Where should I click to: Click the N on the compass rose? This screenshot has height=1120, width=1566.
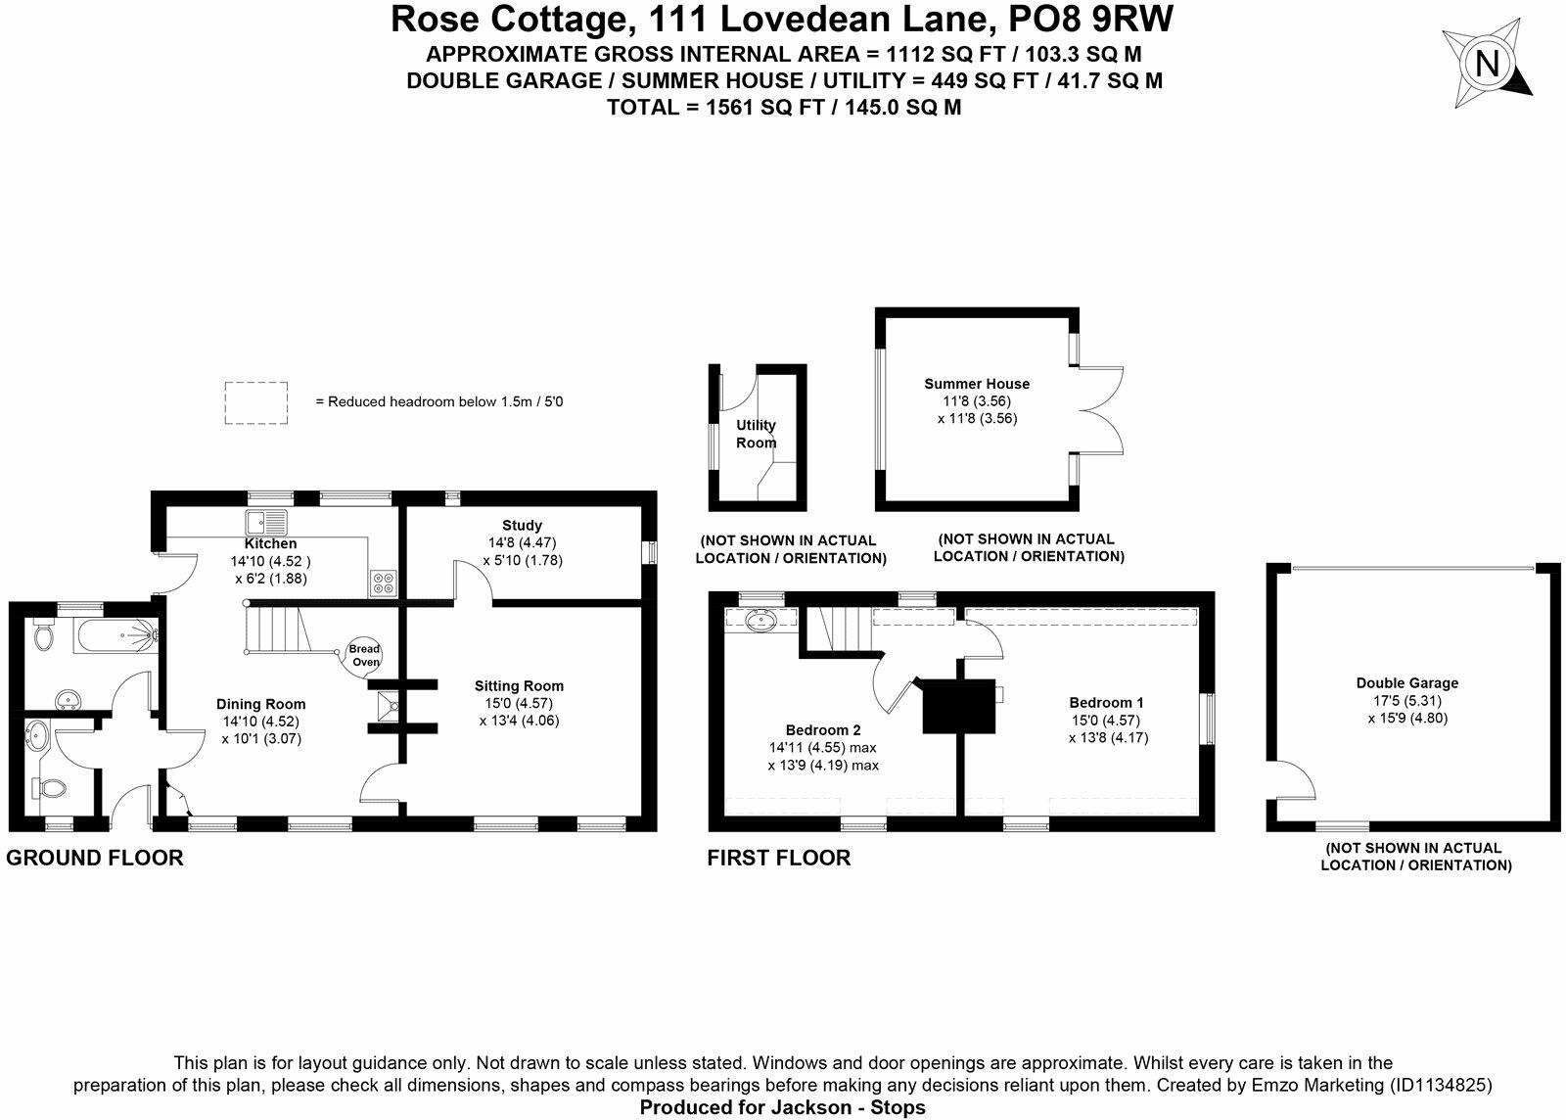1487,65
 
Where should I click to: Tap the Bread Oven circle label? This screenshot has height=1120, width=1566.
365,656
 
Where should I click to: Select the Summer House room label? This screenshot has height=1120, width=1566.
977,384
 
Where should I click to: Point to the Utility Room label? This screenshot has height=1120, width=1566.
756,434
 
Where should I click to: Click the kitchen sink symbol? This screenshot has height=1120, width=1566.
266,522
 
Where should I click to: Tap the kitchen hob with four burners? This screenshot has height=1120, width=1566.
383,583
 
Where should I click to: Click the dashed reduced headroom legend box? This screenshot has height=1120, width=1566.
256,402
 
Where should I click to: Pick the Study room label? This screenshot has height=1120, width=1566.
522,526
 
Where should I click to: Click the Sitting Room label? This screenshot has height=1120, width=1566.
519,686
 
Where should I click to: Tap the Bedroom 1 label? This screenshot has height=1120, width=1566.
1106,702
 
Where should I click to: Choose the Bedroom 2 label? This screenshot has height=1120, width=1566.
823,729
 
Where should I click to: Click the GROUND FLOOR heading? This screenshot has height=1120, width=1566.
95,859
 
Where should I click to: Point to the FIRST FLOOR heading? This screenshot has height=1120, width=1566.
779,859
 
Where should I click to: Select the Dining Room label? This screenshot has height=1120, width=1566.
260,704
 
